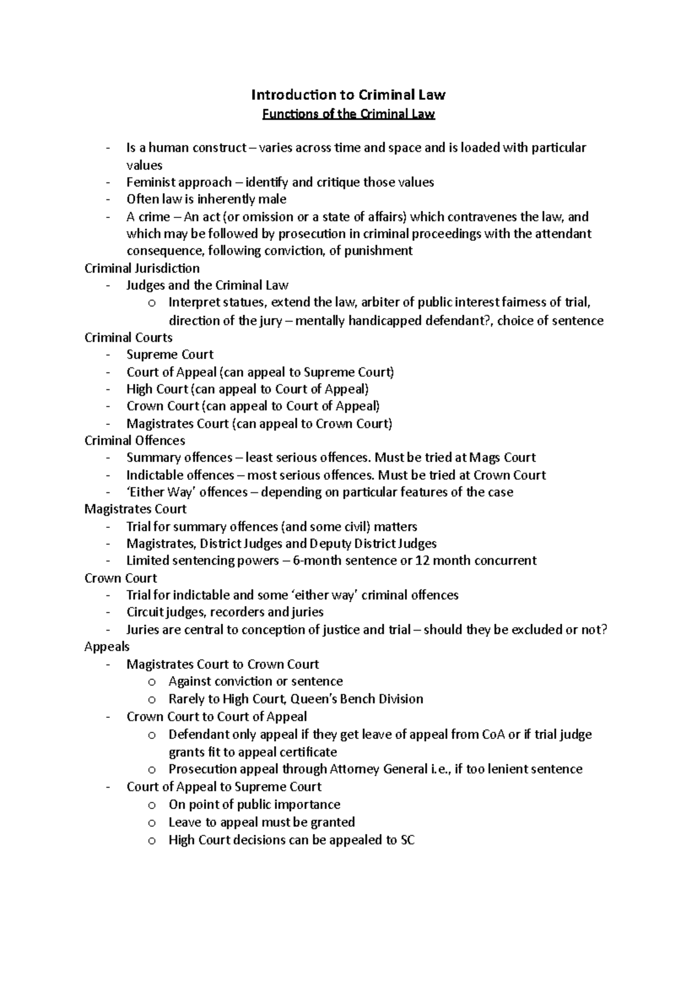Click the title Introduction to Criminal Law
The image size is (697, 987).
point(348,95)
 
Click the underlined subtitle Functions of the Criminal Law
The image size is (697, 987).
point(348,114)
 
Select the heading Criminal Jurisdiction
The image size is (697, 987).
point(142,269)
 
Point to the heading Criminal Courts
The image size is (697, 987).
point(128,338)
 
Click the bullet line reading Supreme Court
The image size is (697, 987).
point(170,355)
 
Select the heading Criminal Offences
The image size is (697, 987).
point(135,441)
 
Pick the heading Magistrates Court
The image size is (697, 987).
point(135,509)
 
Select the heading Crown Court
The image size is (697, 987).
point(120,578)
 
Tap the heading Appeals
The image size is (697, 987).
point(107,647)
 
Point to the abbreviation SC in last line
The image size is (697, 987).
point(408,840)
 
